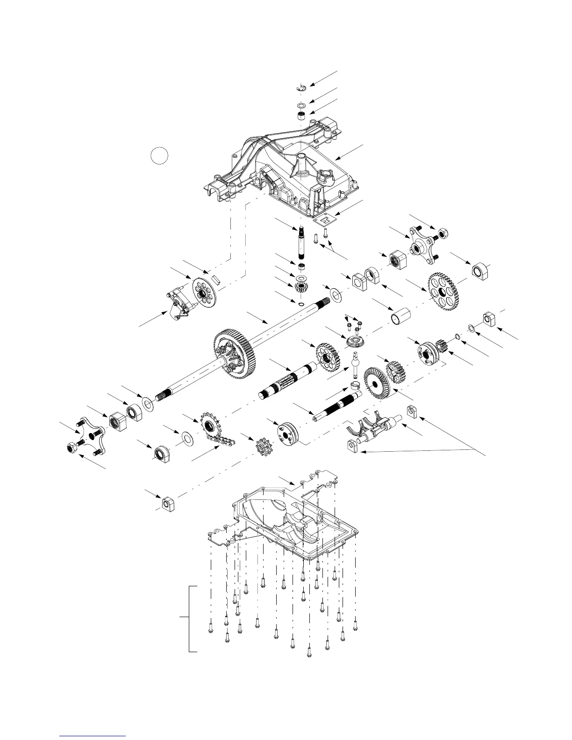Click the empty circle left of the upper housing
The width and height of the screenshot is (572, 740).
tap(159, 155)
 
